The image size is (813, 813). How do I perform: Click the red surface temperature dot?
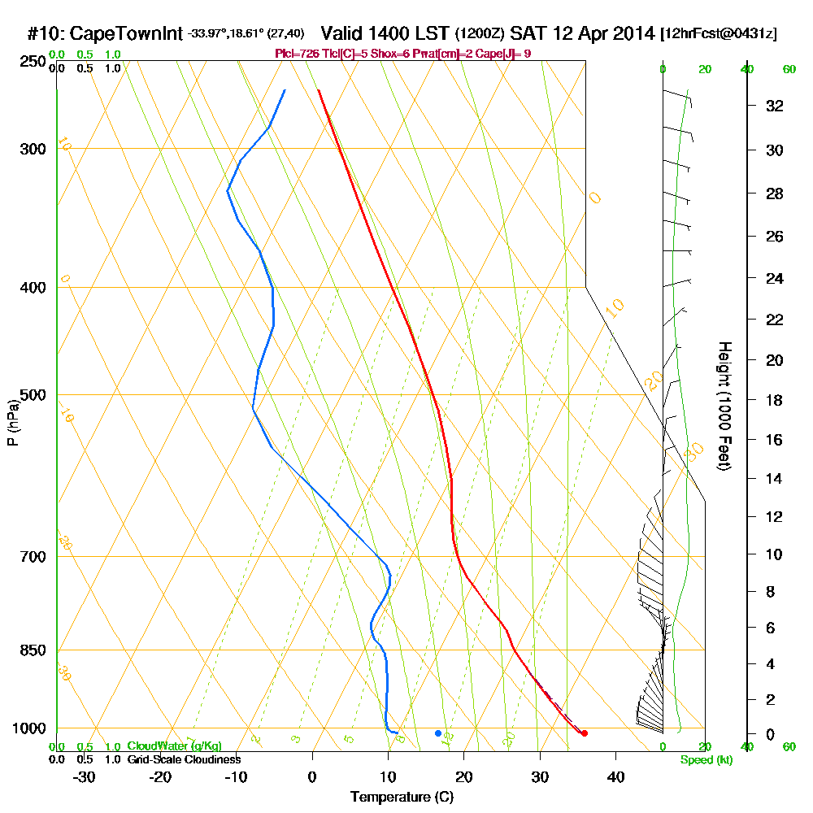coord(584,733)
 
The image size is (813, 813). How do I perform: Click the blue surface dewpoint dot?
coord(437,733)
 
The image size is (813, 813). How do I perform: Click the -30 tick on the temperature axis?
coord(85,776)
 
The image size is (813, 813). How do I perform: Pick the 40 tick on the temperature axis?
coord(615,776)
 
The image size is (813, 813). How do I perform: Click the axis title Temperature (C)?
coord(402,797)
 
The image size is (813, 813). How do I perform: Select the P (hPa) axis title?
coord(12,423)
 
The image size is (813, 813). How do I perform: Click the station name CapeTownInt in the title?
coord(126,34)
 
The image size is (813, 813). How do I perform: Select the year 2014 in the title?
coord(633,34)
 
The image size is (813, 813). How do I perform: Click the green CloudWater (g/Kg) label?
coord(174,746)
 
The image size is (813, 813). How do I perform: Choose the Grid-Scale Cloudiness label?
coord(183,759)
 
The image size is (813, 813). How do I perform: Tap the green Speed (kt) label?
coord(706,759)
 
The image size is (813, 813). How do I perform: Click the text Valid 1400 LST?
coord(386,34)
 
